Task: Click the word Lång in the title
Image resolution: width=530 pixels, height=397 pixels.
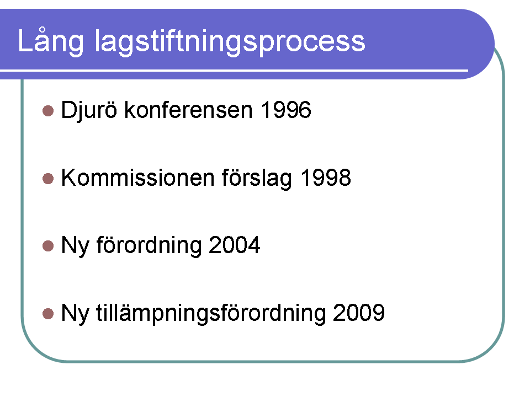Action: click(x=51, y=41)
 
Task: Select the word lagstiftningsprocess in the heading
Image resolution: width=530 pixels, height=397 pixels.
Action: click(x=230, y=41)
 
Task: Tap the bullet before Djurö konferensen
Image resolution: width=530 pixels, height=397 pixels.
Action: click(x=48, y=111)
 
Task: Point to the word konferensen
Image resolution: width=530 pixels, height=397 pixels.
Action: click(x=189, y=110)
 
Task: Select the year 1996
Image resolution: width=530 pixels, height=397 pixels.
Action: click(x=286, y=110)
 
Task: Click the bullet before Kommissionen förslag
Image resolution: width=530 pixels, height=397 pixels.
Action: click(x=48, y=179)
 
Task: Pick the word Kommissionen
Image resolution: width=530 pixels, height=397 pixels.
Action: click(x=137, y=178)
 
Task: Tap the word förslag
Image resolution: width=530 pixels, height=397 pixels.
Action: click(x=257, y=178)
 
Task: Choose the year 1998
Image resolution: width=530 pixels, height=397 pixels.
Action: click(x=326, y=178)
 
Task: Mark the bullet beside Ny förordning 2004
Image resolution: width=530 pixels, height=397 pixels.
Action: click(x=48, y=246)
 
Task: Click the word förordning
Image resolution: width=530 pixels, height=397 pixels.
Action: click(x=149, y=245)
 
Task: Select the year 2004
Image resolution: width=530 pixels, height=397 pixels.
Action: click(x=235, y=245)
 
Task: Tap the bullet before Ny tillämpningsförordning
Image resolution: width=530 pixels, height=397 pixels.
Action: click(x=48, y=314)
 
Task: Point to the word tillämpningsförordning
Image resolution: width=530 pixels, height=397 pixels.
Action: click(x=211, y=313)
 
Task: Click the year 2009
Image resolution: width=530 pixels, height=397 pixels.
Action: click(x=359, y=313)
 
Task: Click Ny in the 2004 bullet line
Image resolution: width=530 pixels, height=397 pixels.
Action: click(x=75, y=246)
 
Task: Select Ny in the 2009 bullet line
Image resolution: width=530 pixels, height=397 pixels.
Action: click(x=75, y=314)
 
